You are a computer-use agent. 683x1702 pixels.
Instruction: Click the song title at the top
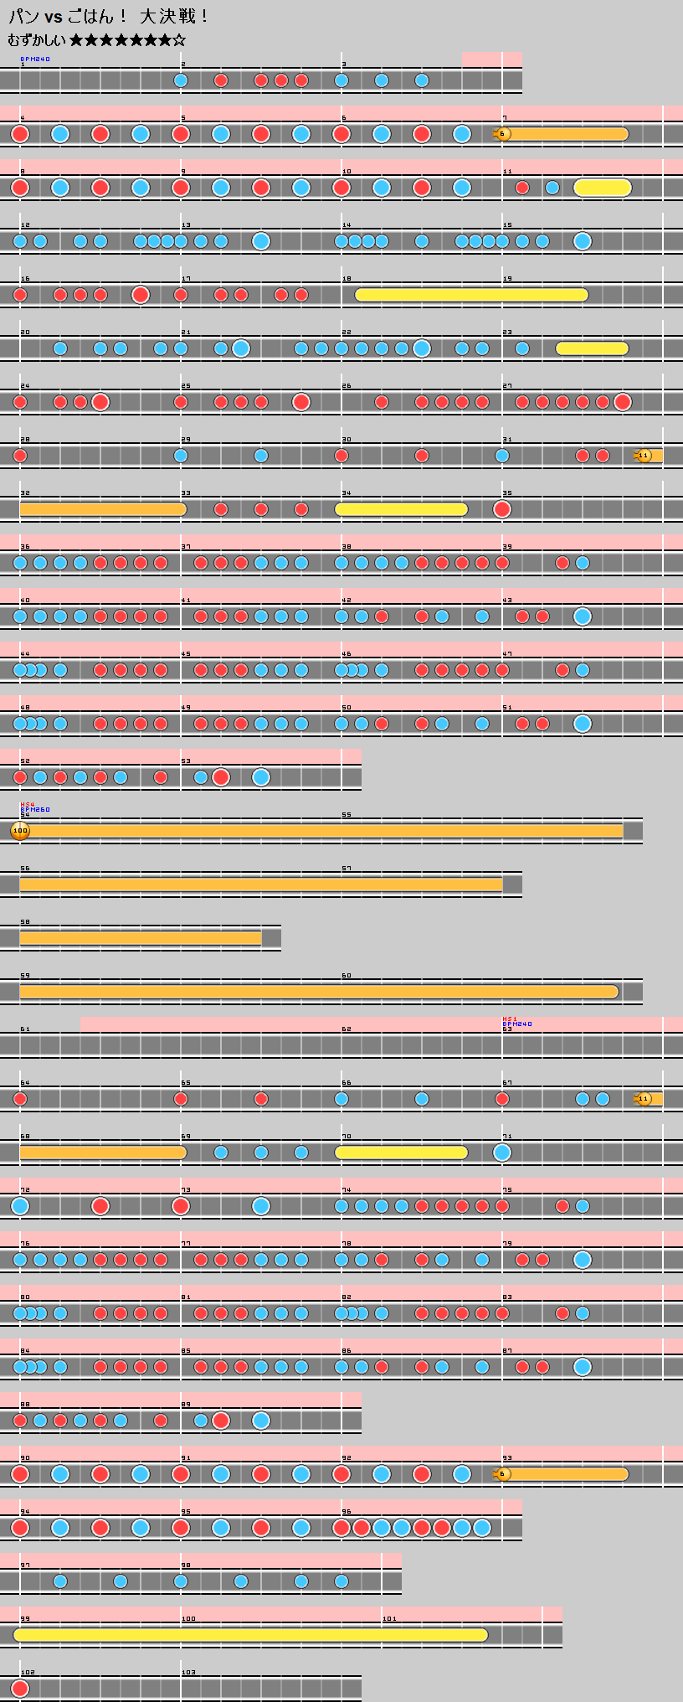click(x=109, y=17)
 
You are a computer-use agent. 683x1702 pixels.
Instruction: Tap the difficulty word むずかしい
click(x=37, y=40)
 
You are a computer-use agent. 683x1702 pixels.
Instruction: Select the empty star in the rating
click(x=179, y=40)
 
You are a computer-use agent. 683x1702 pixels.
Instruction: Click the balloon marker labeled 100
click(x=20, y=831)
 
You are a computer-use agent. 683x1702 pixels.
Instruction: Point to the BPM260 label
click(x=35, y=810)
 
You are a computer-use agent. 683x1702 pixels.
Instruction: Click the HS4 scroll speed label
click(x=27, y=804)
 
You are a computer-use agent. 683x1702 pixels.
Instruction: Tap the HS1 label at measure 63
click(x=510, y=1019)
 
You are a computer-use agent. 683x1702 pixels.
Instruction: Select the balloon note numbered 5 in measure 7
click(x=503, y=134)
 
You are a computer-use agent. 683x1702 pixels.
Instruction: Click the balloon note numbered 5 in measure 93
click(x=503, y=1474)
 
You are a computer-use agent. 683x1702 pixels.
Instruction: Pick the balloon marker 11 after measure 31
click(x=644, y=456)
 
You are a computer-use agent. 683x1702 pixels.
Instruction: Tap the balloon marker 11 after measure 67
click(x=644, y=1099)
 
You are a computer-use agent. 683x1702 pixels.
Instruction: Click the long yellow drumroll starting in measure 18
click(x=470, y=295)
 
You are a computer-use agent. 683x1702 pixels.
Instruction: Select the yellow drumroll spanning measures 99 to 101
click(x=251, y=1635)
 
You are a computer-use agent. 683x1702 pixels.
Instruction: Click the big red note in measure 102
click(x=20, y=1689)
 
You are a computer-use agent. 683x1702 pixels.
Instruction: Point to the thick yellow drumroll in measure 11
click(x=603, y=188)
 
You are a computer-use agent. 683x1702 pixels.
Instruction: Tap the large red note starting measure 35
click(x=502, y=509)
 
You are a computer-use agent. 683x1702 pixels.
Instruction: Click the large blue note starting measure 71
click(x=502, y=1153)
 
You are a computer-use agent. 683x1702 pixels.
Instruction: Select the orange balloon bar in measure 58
click(x=141, y=938)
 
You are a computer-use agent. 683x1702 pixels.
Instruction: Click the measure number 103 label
click(x=188, y=1673)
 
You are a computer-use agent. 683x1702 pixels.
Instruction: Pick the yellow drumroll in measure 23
click(x=592, y=348)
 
